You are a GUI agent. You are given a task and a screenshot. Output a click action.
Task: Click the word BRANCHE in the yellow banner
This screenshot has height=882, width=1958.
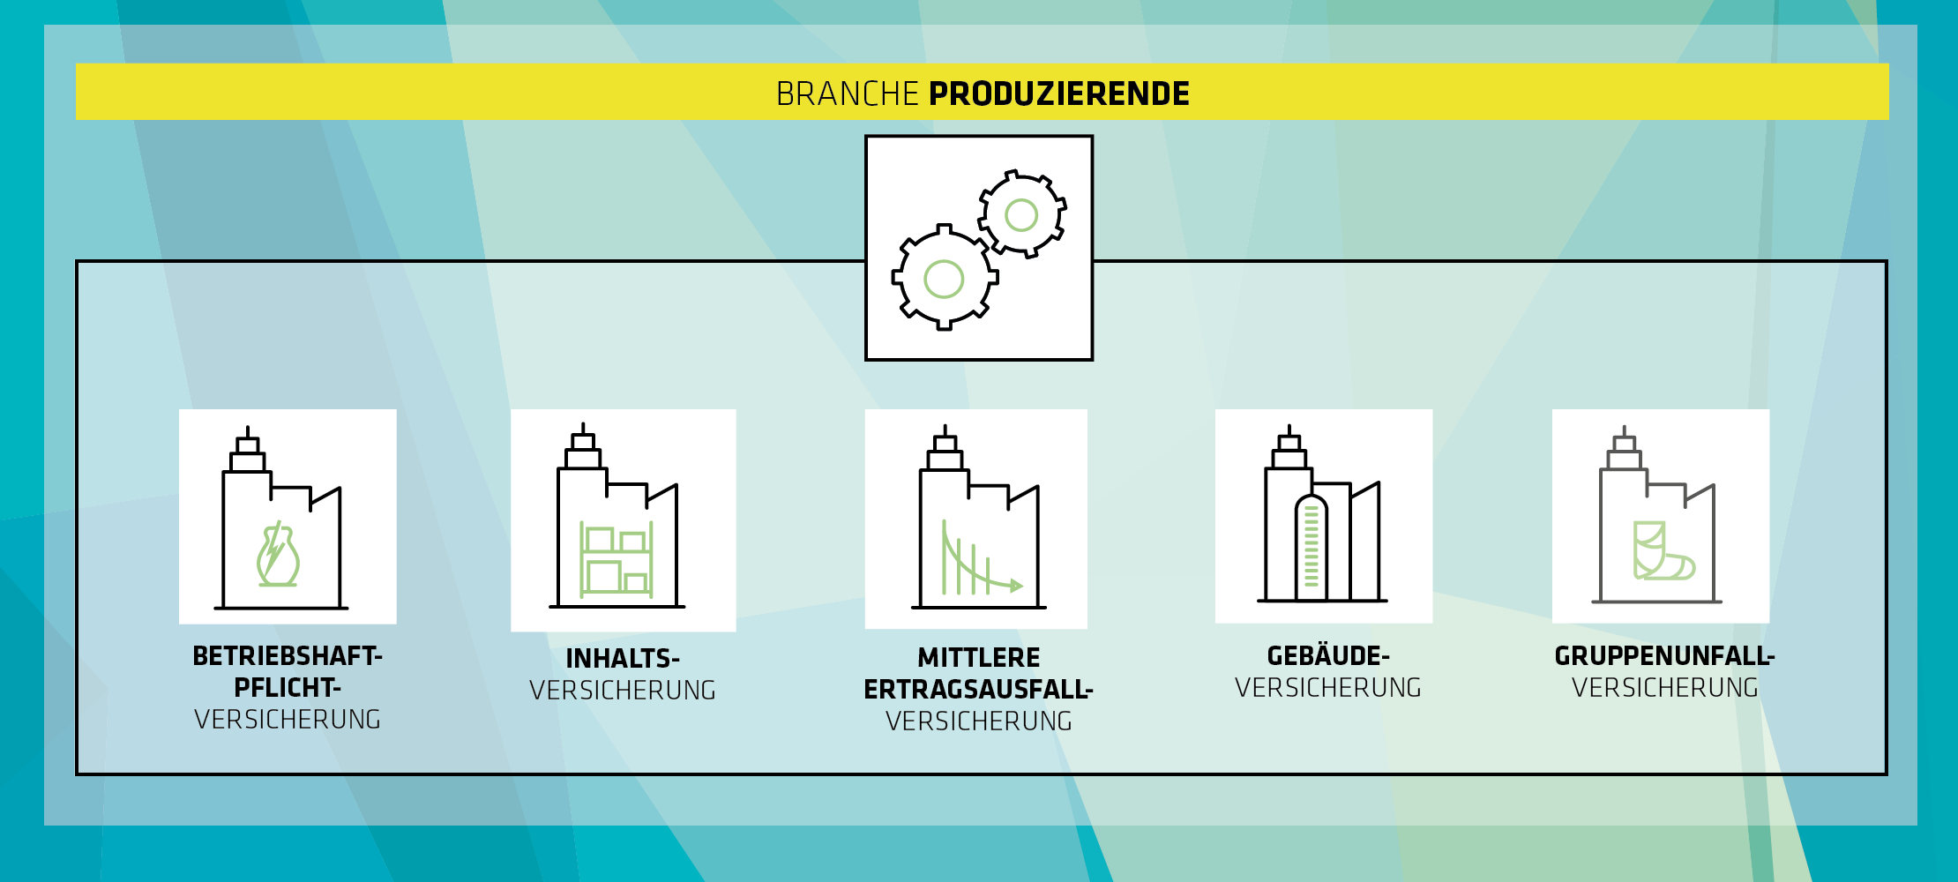848,93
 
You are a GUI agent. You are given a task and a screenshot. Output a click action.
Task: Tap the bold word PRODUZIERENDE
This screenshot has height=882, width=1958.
1059,93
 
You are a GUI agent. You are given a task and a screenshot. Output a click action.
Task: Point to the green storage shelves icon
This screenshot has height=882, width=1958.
617,559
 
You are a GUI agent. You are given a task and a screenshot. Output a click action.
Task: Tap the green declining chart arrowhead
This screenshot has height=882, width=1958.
1017,586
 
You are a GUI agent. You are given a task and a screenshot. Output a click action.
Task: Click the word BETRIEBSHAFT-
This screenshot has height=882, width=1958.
288,656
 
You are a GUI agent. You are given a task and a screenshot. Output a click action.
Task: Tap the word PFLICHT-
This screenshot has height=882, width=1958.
288,688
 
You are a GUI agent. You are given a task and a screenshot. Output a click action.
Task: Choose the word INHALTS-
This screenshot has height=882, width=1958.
623,659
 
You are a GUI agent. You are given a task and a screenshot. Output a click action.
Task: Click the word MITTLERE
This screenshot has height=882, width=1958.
979,658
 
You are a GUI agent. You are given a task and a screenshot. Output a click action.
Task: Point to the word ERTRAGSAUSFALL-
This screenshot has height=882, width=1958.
979,690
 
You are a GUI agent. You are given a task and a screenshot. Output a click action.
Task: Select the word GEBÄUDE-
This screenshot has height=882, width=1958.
1328,656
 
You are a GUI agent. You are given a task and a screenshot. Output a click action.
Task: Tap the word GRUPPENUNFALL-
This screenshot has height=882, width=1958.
1665,656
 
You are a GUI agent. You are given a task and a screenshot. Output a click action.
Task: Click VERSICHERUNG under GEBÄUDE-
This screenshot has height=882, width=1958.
1328,688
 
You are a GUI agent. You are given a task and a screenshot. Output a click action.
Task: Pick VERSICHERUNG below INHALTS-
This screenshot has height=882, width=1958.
623,691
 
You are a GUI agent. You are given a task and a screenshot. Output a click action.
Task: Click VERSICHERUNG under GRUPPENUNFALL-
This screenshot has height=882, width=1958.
1665,688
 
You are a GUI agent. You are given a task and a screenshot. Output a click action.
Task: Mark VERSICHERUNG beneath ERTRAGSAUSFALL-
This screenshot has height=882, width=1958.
979,721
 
